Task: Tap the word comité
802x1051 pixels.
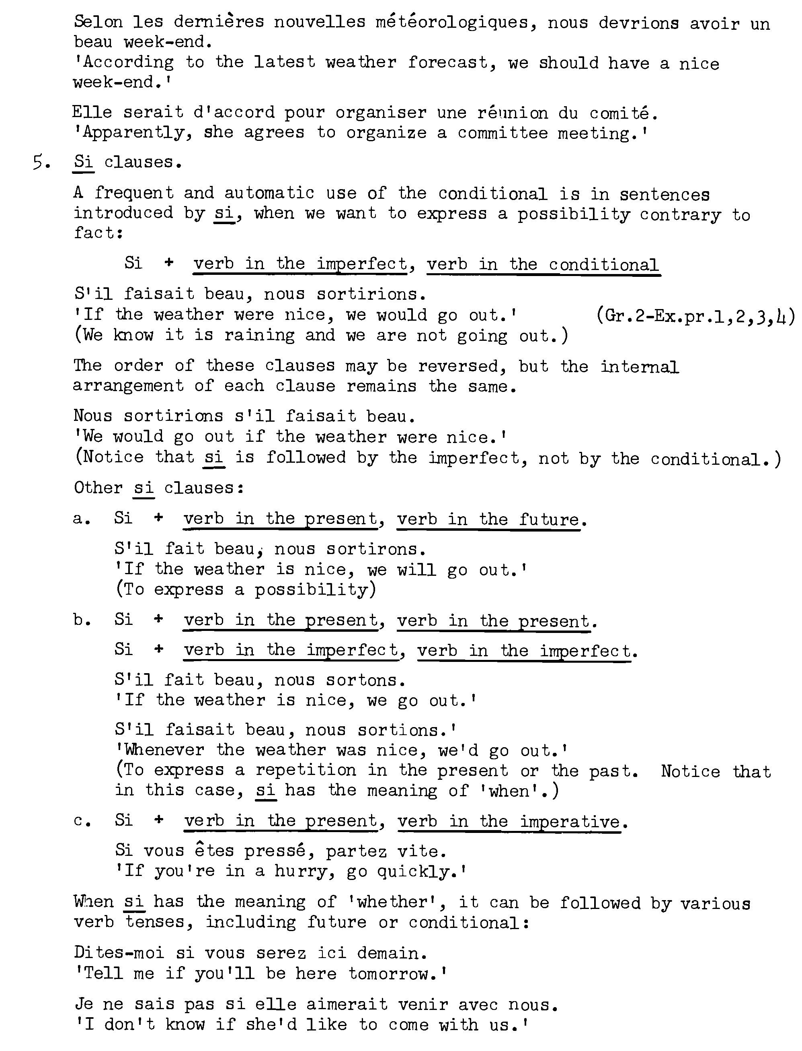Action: coord(623,113)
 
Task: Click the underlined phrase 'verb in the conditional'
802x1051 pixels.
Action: coord(543,265)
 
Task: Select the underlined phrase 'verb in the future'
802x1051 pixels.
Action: coord(488,519)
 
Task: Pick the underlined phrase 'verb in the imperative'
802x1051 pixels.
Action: coord(509,822)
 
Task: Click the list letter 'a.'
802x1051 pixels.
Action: coord(82,519)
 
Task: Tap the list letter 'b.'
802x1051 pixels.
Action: coord(82,620)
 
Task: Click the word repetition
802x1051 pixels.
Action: coord(306,770)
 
